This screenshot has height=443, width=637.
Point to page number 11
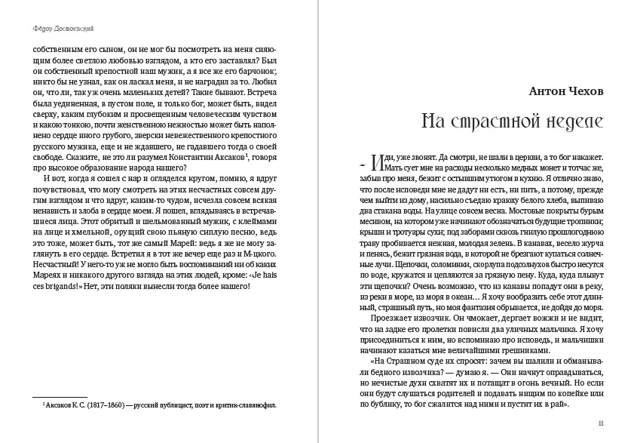pos(600,423)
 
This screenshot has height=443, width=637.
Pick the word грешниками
pos(523,349)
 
